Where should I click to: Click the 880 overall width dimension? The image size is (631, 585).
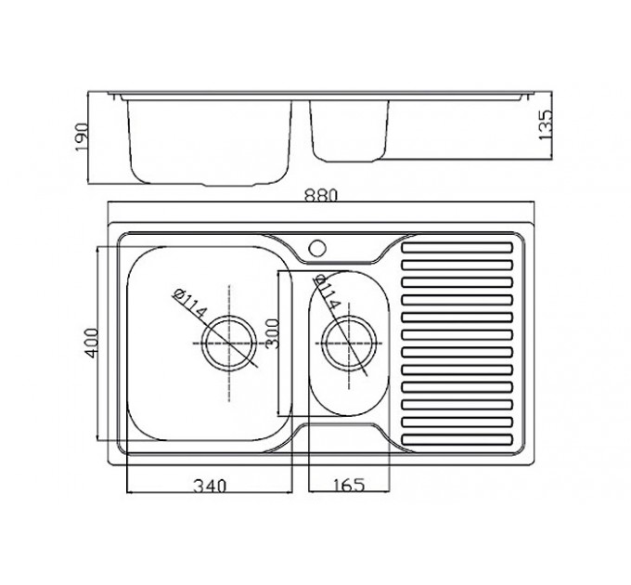pyautogui.click(x=321, y=196)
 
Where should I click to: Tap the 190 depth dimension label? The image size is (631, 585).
pyautogui.click(x=82, y=137)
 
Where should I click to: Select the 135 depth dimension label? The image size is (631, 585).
pyautogui.click(x=546, y=124)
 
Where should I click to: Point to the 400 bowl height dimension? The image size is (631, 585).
pyautogui.click(x=91, y=343)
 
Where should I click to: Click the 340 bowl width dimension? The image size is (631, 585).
pyautogui.click(x=210, y=486)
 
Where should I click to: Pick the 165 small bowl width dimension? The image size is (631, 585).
pyautogui.click(x=349, y=485)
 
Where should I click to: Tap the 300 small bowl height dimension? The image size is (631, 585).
pyautogui.click(x=273, y=333)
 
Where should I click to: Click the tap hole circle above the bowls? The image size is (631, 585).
pyautogui.click(x=317, y=248)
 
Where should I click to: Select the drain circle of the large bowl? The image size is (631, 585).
pyautogui.click(x=229, y=343)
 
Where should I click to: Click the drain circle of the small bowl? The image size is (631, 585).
pyautogui.click(x=349, y=343)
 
